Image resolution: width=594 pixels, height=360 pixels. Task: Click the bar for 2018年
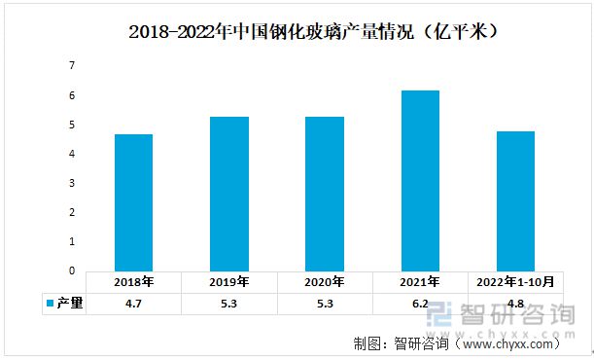(133, 202)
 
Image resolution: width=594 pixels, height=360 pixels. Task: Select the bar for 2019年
(228, 194)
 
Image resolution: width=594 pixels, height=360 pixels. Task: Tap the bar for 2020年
(324, 194)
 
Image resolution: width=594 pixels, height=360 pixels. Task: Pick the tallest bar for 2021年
(420, 180)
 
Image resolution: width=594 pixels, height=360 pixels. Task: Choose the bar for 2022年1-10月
(515, 200)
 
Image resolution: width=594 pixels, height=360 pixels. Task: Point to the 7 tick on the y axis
(71, 65)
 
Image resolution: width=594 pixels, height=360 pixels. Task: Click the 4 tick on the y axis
(71, 154)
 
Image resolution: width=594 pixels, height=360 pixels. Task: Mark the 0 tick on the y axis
(71, 271)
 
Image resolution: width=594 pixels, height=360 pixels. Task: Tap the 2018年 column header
(133, 282)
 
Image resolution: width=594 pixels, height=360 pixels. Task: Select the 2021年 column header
(420, 282)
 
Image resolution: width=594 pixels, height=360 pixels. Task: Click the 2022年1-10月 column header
(515, 282)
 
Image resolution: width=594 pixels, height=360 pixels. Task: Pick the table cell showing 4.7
(133, 304)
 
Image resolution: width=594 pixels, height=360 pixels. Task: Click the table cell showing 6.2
(420, 304)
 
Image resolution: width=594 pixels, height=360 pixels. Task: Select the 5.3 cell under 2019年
(228, 304)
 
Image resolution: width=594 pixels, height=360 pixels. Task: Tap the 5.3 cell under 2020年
(324, 304)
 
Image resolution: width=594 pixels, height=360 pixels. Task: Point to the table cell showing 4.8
(515, 304)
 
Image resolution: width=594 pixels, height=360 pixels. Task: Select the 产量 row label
(69, 304)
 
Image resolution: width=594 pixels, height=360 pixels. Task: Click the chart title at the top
(314, 32)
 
